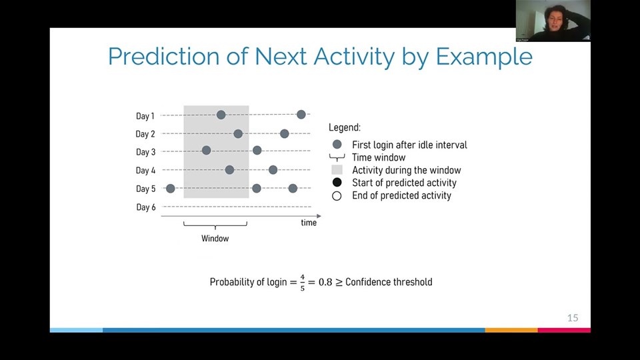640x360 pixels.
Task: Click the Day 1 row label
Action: [145, 116]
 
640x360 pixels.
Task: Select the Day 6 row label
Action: [145, 207]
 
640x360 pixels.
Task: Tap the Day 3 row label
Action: [145, 153]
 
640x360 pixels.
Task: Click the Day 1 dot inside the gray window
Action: [221, 115]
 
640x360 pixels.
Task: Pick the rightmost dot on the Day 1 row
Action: [301, 115]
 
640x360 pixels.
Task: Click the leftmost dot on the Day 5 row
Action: [170, 189]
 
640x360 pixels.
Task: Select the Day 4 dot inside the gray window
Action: [229, 170]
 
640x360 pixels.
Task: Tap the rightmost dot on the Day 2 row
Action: [285, 134]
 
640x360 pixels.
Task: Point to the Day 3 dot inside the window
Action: [206, 150]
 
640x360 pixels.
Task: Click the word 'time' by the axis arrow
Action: [309, 223]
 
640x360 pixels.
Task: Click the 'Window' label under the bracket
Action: [215, 239]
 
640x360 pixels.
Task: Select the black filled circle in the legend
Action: [337, 183]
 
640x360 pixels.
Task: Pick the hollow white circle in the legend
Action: [337, 196]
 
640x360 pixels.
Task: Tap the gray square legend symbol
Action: [337, 170]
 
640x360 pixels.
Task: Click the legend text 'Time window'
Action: [379, 157]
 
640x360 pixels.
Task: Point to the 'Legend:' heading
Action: [345, 127]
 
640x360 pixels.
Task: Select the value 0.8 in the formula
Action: [325, 282]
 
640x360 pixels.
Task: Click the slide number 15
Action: [573, 318]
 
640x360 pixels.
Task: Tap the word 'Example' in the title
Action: [484, 57]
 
